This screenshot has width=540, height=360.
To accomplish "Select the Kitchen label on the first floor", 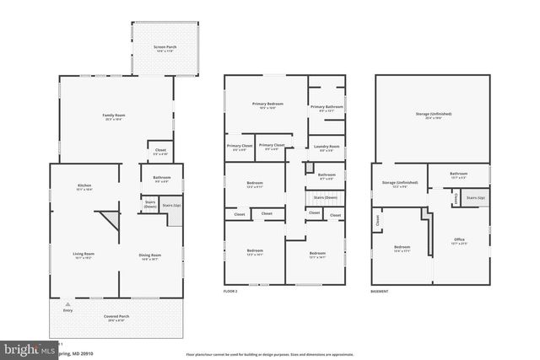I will [84, 185].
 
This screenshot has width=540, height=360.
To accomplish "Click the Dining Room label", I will [149, 254].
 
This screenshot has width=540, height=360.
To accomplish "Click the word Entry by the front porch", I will [67, 311].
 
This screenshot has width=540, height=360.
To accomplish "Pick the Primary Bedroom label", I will [267, 104].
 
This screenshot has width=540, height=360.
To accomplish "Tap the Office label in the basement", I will [459, 239].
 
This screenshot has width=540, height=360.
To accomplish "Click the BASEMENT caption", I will [380, 291].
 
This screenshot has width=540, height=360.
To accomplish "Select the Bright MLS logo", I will [25, 348].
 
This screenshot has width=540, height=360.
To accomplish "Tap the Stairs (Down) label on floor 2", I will [326, 198].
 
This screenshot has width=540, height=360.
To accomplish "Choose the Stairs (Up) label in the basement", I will [474, 198].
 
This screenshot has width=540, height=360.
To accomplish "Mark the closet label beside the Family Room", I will [160, 151].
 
